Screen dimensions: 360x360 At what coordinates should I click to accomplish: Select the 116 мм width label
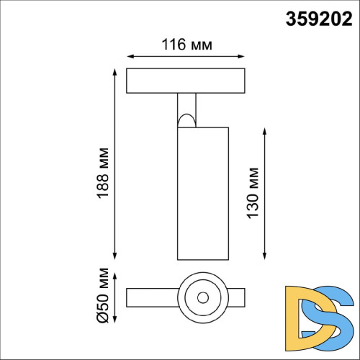click(x=186, y=45)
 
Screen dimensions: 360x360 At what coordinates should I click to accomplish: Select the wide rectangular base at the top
click(x=186, y=81)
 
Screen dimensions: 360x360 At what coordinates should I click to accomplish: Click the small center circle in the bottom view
click(x=202, y=297)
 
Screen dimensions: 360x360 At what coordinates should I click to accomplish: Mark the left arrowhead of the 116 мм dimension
click(x=129, y=55)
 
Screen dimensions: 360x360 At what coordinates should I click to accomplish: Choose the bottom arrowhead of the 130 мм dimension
click(x=267, y=257)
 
